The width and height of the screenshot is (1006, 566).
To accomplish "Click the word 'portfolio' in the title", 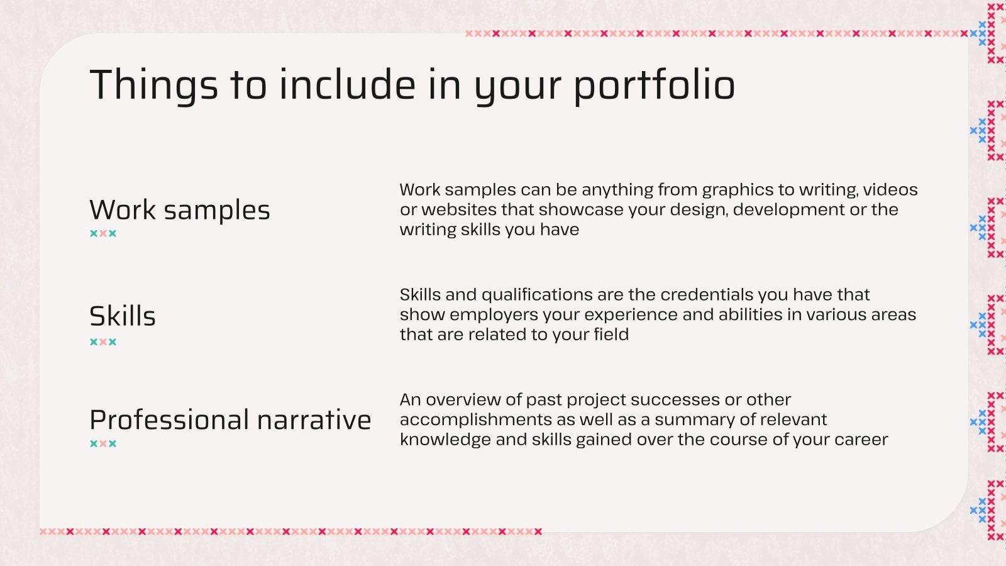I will coord(654,85).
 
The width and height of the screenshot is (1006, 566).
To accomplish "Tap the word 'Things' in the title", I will coord(154,85).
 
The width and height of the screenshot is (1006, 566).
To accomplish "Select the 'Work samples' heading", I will coord(180,210).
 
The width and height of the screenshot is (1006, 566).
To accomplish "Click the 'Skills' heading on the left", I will coord(123,316).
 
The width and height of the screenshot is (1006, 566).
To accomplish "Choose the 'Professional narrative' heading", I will coord(230,419).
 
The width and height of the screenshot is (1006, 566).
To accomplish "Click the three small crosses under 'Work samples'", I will coord(103,233).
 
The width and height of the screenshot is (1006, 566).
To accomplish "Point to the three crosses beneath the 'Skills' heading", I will coord(103,342).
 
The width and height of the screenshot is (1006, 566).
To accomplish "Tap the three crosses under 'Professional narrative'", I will coord(103,443).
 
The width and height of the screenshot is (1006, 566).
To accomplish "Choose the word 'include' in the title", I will coord(347,85).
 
